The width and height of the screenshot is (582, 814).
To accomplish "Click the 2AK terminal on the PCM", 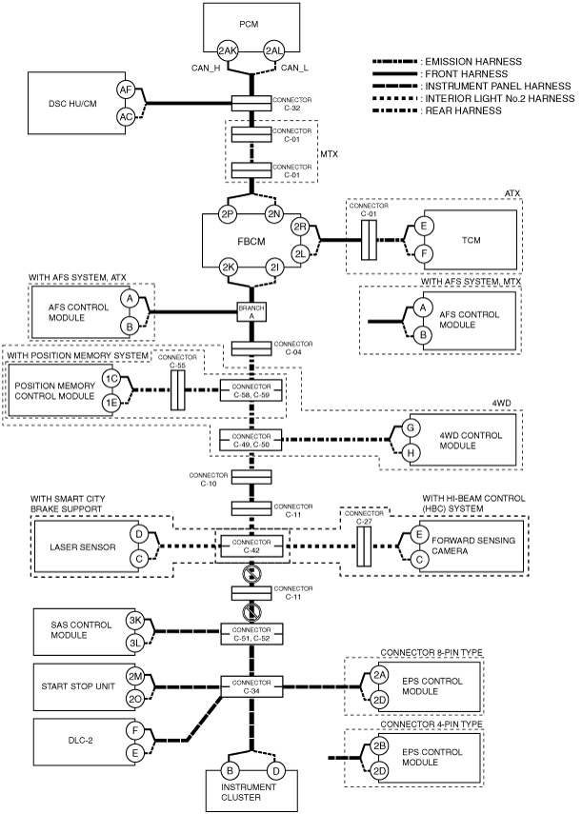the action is coord(228,50).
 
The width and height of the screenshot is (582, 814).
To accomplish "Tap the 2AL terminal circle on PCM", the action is coord(274,50).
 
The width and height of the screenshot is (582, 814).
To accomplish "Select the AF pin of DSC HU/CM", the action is coord(126,89).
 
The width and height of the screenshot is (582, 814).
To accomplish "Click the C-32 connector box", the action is coord(251,104).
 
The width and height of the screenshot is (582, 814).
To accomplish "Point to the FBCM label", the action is coord(251,242).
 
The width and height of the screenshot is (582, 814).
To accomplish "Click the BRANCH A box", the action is coord(251,312).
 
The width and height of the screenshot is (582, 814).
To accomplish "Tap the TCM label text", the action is coord(471,240).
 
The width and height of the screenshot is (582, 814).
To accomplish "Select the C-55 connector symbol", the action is coord(177,390).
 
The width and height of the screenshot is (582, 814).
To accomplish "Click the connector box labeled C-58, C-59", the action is coord(251,390).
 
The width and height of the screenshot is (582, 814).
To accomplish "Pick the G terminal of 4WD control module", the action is coord(411,427).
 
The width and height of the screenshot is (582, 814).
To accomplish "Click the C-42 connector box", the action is coord(251,546).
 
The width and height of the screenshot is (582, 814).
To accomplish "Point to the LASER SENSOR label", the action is coord(83,547).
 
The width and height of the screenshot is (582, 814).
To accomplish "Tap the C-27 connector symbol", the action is coord(364,546).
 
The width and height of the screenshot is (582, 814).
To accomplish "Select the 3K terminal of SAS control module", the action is coord(135,621).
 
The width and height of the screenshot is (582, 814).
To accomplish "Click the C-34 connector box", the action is coord(251,686).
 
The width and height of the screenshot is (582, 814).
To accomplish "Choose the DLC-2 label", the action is coord(80,741).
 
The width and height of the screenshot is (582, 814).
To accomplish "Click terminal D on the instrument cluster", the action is coord(275,771).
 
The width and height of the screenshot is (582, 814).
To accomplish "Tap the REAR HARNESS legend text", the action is coord(464,110).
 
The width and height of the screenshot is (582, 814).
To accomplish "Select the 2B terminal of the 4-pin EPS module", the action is coord(379,746).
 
